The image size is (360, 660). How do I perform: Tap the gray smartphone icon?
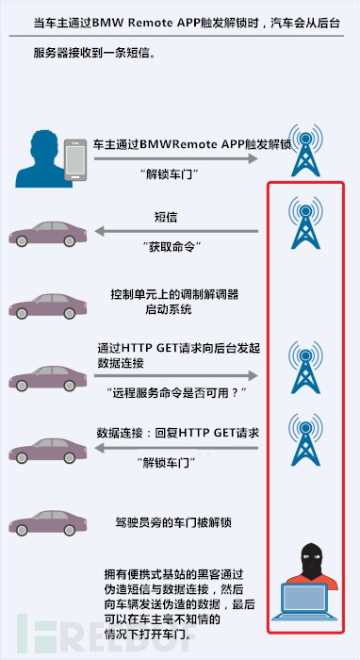tap(75, 160)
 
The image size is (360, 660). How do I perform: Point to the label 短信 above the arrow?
tap(166, 218)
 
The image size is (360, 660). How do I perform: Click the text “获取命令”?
tap(172, 247)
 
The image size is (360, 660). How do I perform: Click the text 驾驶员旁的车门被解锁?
tap(173, 522)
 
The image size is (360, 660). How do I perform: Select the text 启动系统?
tap(169, 309)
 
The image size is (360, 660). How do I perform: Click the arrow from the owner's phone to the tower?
tap(176, 158)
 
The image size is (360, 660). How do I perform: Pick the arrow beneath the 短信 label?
tap(176, 231)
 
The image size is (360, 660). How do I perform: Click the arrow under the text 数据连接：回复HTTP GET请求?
tap(176, 448)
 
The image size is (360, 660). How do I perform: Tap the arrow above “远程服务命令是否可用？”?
tap(176, 376)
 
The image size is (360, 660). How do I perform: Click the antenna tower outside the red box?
tap(305, 150)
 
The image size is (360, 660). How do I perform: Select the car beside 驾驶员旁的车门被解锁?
tap(47, 523)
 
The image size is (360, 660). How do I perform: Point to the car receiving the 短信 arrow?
tap(47, 234)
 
